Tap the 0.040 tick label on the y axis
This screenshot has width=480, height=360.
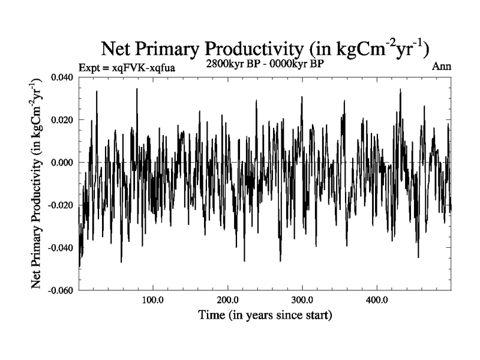[62, 77]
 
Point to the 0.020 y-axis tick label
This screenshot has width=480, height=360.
[62, 120]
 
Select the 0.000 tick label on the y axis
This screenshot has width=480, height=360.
[62, 163]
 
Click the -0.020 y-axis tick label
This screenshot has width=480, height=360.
[61, 205]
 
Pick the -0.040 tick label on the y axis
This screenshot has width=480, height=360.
[61, 248]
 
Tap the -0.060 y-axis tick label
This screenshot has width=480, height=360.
[61, 290]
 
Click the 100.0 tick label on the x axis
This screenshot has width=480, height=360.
[153, 300]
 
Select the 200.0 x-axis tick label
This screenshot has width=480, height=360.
[227, 300]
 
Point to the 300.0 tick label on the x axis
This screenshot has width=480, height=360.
[302, 300]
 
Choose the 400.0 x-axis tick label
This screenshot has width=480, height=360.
[376, 300]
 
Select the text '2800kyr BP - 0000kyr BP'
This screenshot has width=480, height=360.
[265, 63]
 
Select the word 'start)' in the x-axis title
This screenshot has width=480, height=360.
[319, 314]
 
